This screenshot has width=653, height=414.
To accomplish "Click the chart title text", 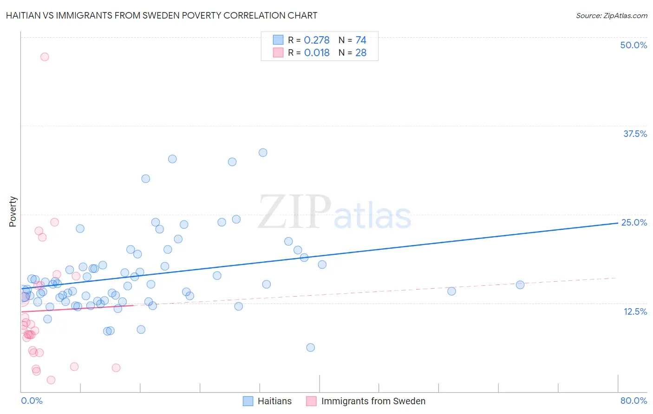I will pos(162,15).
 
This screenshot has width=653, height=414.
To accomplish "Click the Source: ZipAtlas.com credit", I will pos(611,15).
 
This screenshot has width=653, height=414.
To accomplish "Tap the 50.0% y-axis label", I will pos(633,45).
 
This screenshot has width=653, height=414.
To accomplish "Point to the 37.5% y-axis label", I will pos(635,134).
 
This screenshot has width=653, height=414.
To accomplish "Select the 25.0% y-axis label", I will pos(634,222).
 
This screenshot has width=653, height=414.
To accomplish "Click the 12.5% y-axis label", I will pos(635,311).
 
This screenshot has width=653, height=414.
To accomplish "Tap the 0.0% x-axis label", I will pos(32,401).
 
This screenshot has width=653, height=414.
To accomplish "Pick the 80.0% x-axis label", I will pos(633,401).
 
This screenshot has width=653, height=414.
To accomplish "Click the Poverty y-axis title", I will pos(13,212).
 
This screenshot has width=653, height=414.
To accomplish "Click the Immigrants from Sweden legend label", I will pos(373,401).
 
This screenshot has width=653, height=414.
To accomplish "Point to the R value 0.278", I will pos(317,40).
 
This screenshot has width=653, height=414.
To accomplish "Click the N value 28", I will pos(361,53).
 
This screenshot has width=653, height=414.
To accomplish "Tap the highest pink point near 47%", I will pos(45,57).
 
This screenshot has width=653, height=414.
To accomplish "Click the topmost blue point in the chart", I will pos(263,153).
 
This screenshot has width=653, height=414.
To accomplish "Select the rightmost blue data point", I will pos(520,285).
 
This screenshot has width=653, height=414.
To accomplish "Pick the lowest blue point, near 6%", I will pos(311,348).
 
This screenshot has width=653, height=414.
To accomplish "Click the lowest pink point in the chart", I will pos(51,380).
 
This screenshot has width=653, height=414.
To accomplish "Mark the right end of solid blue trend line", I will pos(618,223).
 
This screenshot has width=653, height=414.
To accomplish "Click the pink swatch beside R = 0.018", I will pos(278,53).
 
